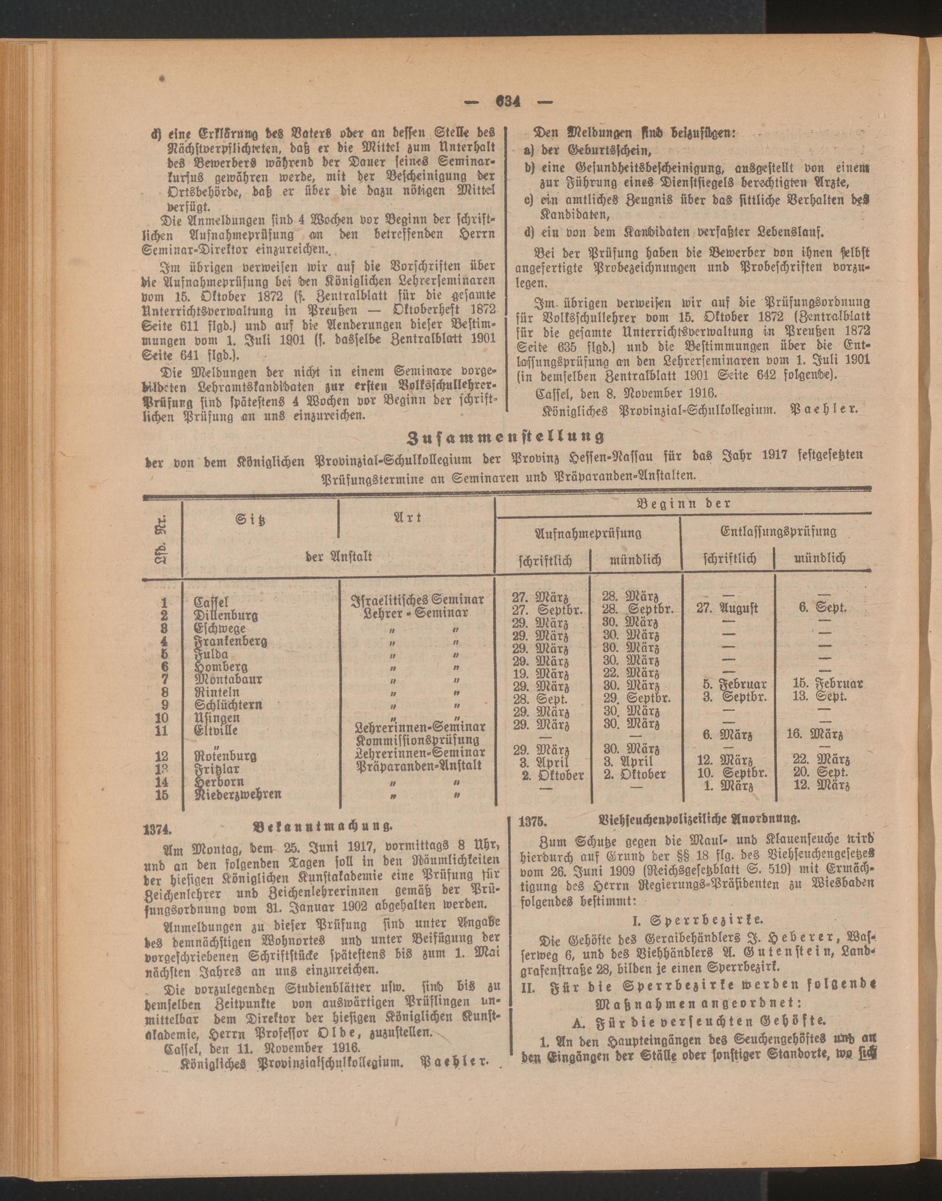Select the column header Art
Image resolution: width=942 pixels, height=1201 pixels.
[x=409, y=517]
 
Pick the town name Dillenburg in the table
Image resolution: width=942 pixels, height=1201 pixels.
[x=226, y=615]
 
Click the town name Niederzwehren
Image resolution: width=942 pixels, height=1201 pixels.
[x=238, y=794]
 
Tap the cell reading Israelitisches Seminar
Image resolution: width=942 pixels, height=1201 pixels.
[x=417, y=599]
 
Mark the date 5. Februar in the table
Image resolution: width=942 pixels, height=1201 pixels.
[x=735, y=684]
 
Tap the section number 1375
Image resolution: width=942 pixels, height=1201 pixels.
[x=533, y=821]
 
